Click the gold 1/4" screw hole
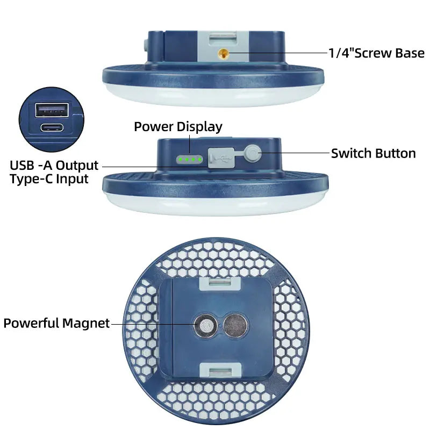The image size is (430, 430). point(224,53)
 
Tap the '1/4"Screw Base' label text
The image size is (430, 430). point(376,53)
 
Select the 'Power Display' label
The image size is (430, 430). point(178,127)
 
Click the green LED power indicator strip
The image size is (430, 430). point(190,159)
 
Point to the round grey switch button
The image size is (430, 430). point(253,153)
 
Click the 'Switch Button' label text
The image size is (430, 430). point(373,153)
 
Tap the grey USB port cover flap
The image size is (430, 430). point(221,157)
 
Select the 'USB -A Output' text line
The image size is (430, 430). point(54,166)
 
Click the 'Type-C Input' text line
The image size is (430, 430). point(49,179)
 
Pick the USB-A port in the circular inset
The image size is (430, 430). point(52,110)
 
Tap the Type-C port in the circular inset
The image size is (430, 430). point(52,127)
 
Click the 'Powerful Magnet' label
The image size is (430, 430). point(56,323)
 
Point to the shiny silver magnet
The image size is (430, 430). point(206,326)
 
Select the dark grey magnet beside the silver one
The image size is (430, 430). point(235,326)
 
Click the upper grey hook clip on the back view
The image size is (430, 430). point(220,284)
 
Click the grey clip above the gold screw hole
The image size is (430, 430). point(223,38)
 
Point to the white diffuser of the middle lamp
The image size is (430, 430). point(216,204)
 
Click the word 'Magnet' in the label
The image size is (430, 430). point(86,324)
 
